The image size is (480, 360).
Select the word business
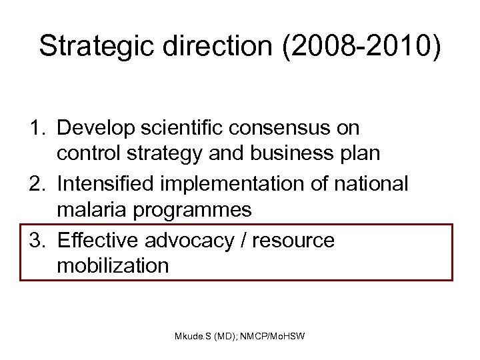pyautogui.click(x=293, y=154)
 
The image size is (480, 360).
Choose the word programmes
pyautogui.click(x=195, y=211)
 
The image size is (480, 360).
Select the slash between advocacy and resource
pyautogui.click(x=250, y=239)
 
